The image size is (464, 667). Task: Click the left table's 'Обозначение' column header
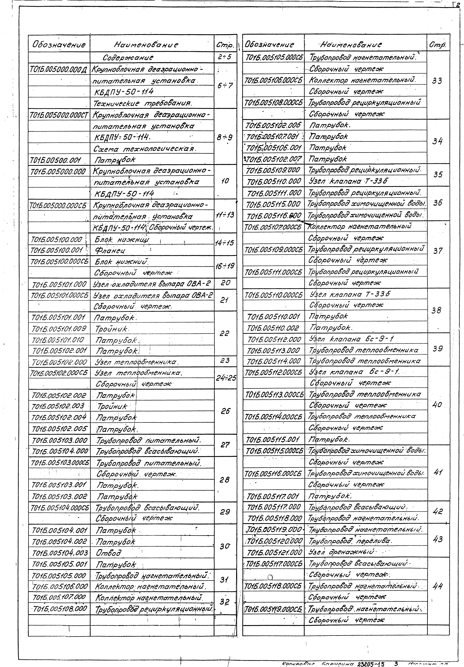(x=59, y=45)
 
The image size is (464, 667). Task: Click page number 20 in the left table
(x=225, y=283)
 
